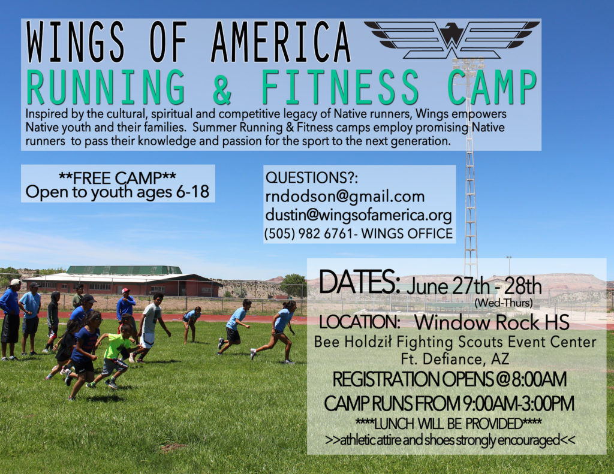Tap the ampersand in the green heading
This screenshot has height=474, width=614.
(222, 87)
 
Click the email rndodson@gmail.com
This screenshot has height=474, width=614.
(345, 197)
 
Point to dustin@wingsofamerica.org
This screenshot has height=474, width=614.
(359, 215)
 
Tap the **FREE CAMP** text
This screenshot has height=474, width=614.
(118, 178)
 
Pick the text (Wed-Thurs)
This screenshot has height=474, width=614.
(503, 303)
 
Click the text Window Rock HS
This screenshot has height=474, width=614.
(492, 322)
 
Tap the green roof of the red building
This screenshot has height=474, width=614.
(124, 270)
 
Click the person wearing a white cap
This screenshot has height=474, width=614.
(11, 319)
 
